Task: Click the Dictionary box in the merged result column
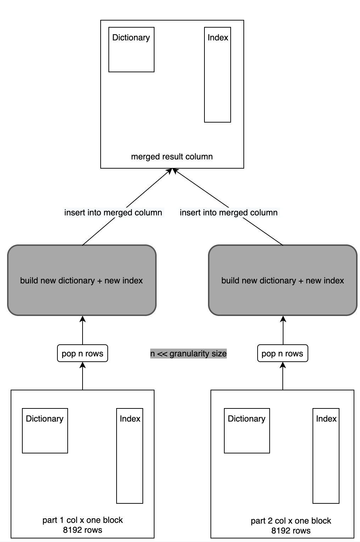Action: (131, 50)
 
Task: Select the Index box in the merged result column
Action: (218, 75)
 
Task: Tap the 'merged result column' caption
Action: (172, 157)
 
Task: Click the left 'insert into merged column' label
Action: (113, 213)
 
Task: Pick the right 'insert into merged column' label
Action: (229, 213)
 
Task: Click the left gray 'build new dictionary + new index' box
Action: (82, 280)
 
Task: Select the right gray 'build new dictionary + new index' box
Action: (283, 280)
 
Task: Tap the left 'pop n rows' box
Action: (83, 354)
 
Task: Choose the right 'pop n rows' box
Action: (282, 354)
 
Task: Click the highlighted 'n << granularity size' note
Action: (188, 354)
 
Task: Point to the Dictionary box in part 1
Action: (45, 431)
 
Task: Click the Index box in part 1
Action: (130, 456)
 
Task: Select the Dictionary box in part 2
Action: (247, 431)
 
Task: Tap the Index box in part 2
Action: (326, 456)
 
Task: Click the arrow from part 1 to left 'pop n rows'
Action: (83, 376)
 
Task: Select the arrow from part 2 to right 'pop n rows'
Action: (283, 376)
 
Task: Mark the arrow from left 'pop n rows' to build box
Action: (83, 330)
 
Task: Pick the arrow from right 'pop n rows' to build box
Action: (283, 330)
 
